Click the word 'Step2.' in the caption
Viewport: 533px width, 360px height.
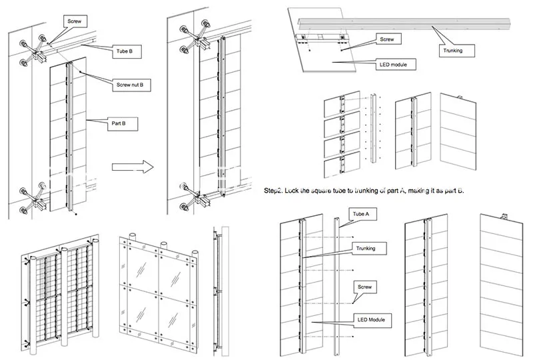pos(275,191)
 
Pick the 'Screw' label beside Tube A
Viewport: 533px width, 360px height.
pos(366,287)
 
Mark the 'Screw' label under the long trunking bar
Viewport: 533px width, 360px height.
pos(386,40)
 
